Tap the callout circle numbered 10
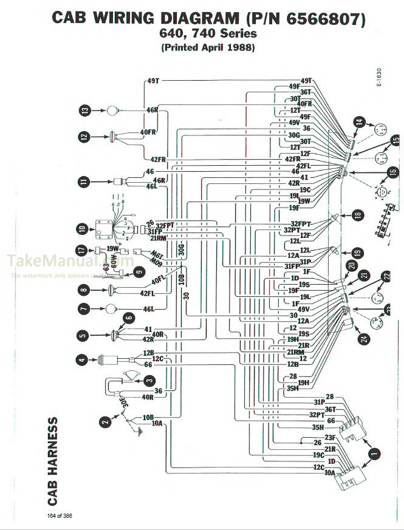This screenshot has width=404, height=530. coord(82,229)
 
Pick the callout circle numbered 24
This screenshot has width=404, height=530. coord(364,339)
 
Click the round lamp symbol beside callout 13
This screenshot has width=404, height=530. coord(112,110)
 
